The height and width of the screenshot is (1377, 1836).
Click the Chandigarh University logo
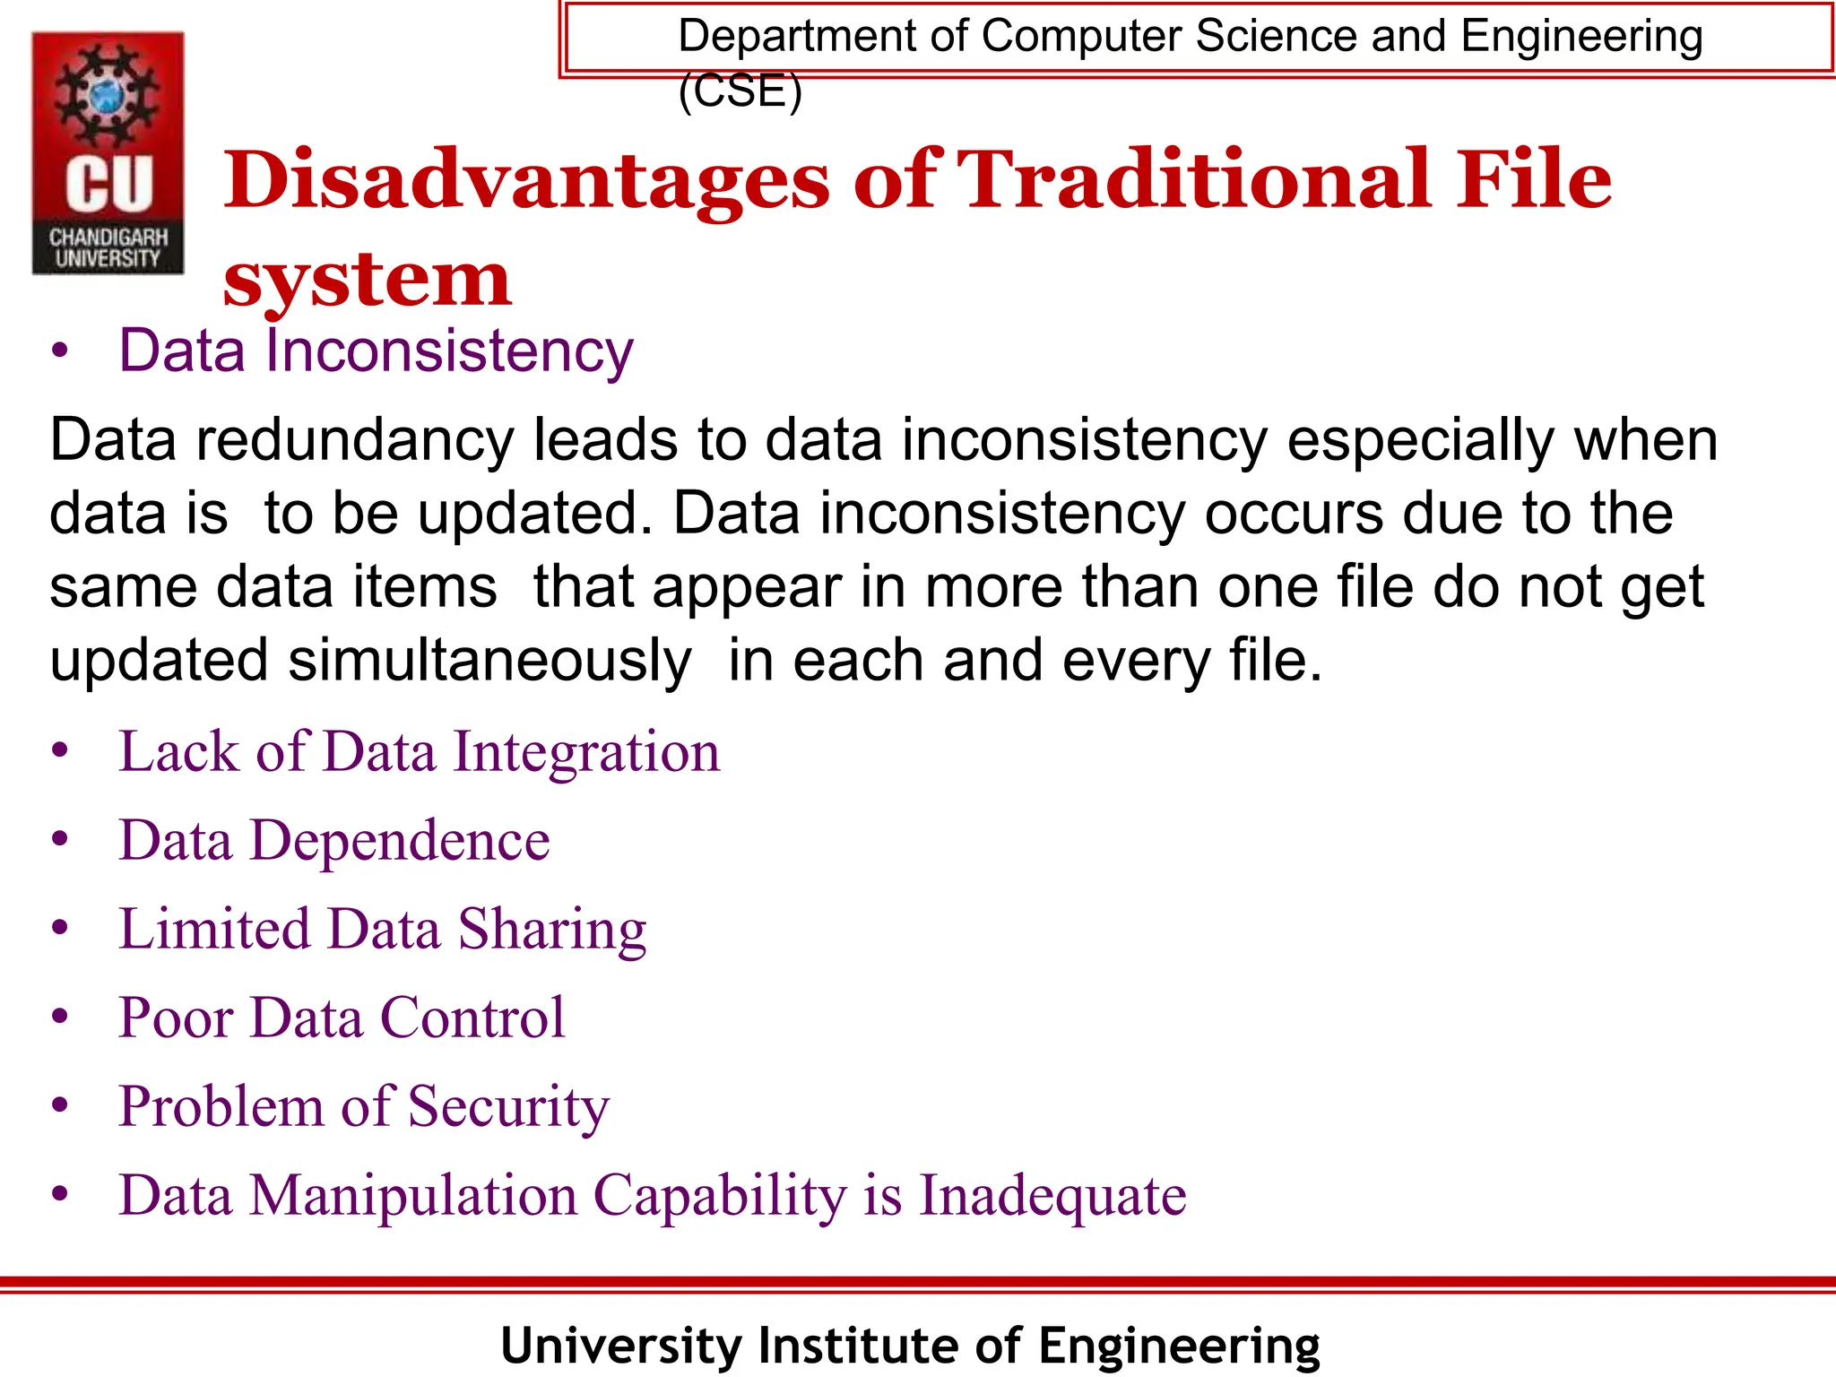click(x=108, y=152)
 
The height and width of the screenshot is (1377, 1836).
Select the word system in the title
click(x=367, y=281)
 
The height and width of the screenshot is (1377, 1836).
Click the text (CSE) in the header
click(x=740, y=91)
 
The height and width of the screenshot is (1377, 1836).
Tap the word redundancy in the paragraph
click(x=355, y=440)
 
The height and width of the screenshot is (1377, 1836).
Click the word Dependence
click(x=399, y=841)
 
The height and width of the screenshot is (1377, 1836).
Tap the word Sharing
click(x=552, y=930)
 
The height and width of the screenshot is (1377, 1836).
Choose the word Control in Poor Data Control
click(x=472, y=1018)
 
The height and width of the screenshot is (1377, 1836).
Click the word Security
click(x=508, y=1107)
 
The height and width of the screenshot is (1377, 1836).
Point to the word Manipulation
click(x=413, y=1196)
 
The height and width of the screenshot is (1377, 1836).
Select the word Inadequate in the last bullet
click(x=1052, y=1196)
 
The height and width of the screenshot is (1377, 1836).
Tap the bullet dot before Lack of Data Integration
click(x=60, y=750)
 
